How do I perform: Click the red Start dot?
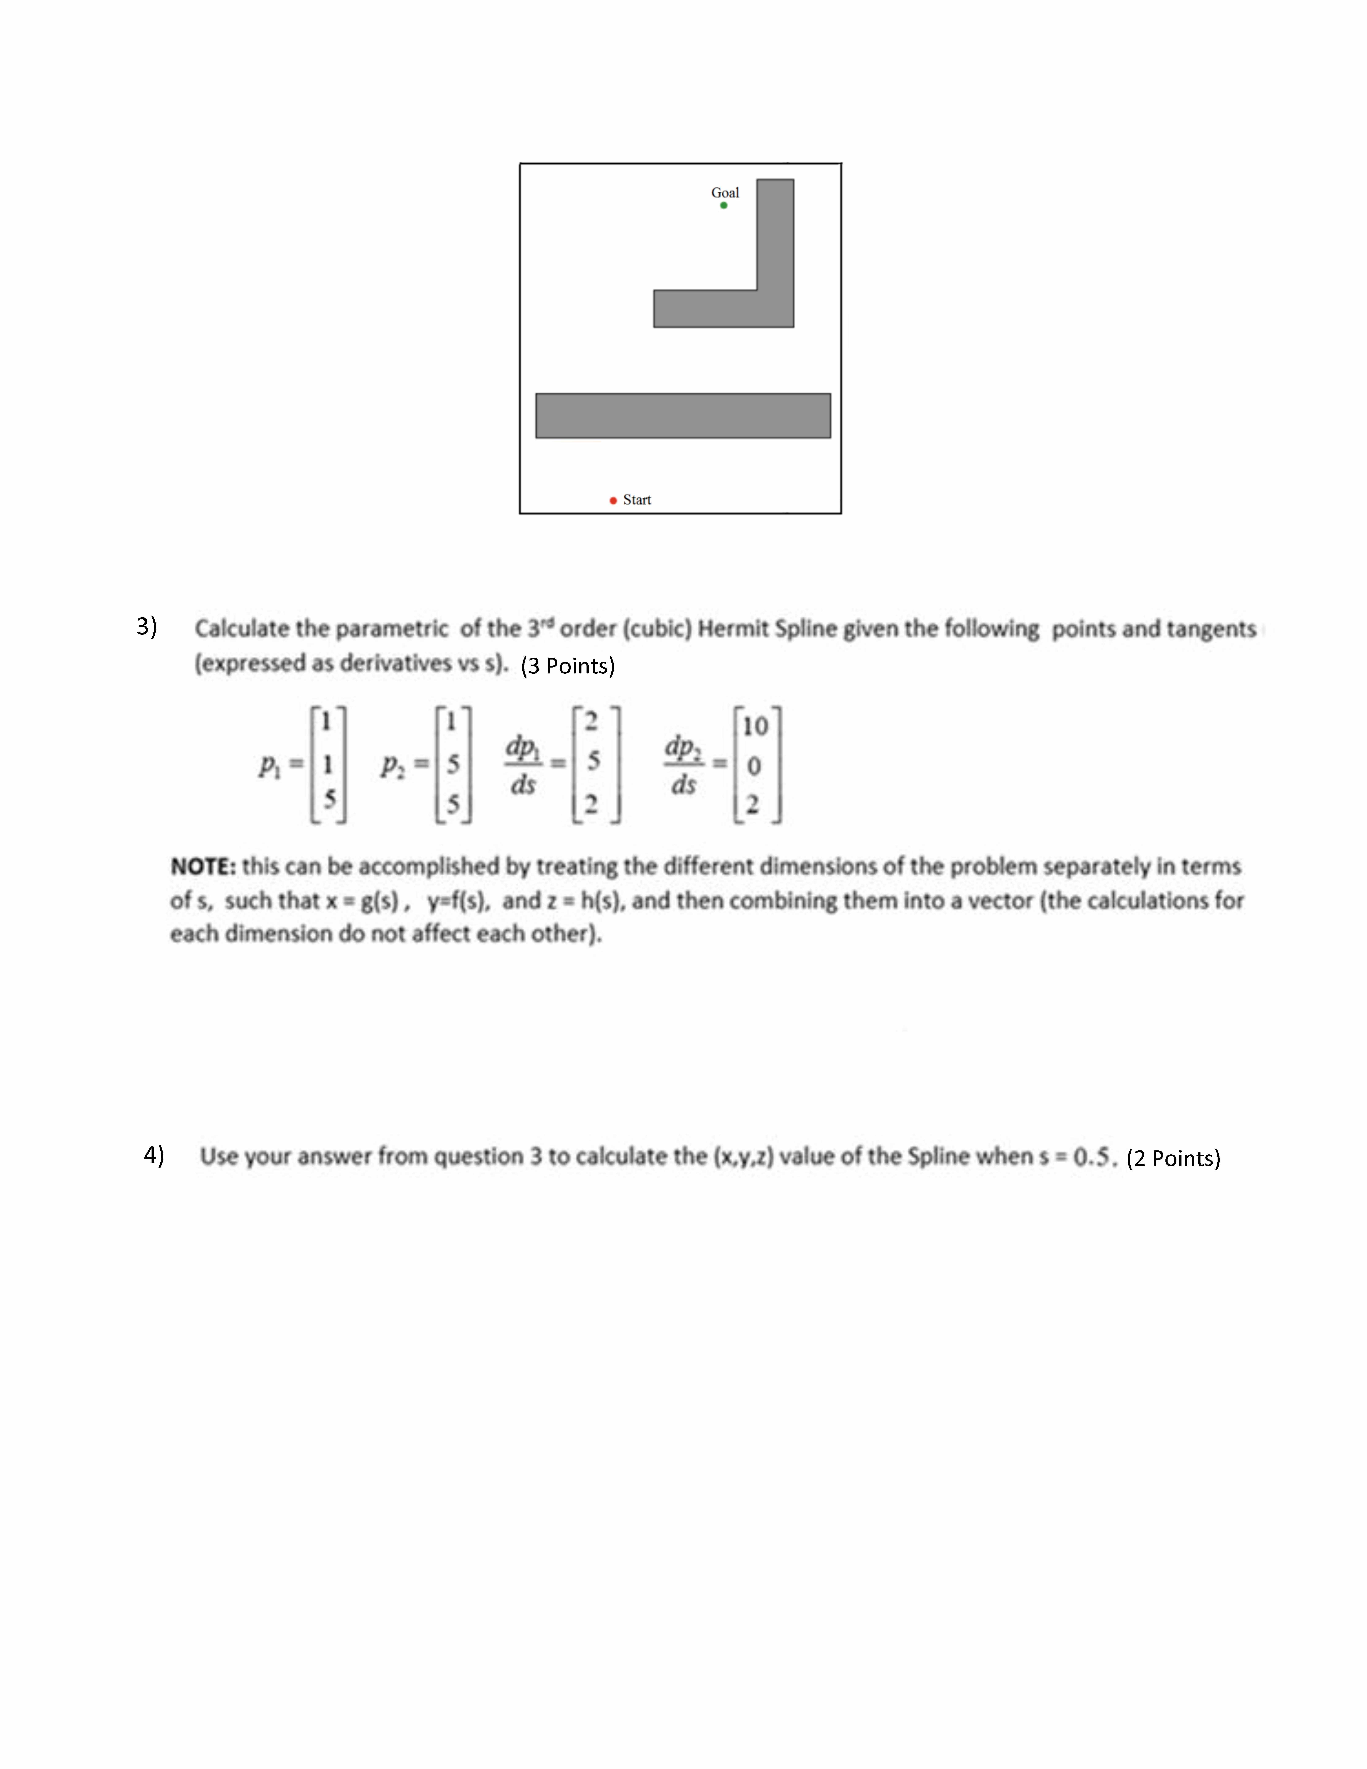[x=613, y=501]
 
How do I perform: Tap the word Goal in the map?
[x=725, y=193]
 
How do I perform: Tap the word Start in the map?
[x=637, y=500]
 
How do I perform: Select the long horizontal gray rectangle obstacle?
[x=683, y=416]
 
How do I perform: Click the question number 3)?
[x=147, y=626]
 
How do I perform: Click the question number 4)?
[x=154, y=1155]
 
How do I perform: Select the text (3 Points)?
[x=568, y=666]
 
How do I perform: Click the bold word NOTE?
[x=202, y=867]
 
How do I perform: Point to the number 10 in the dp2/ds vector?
[x=755, y=726]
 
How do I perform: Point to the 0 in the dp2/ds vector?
[x=753, y=765]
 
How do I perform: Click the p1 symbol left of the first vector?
[x=269, y=765]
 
